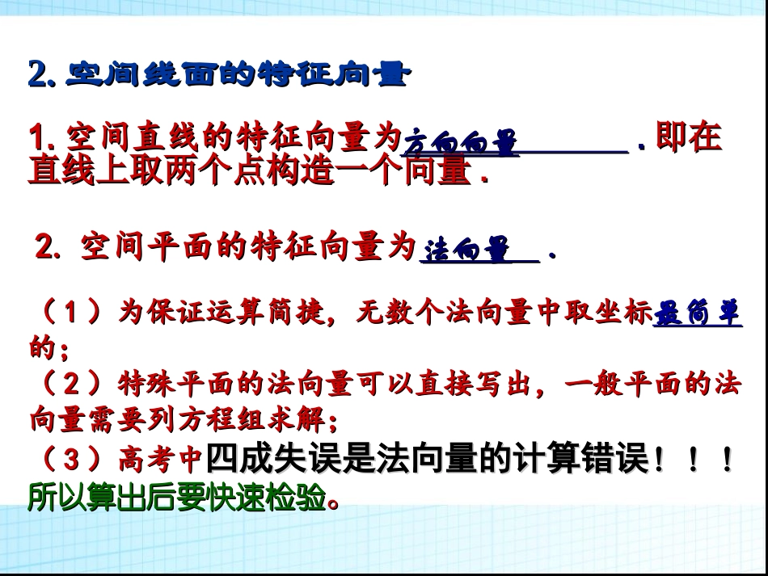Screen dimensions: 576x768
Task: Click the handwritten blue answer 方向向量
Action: pyautogui.click(x=460, y=144)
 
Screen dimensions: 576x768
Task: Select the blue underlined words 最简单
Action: pyautogui.click(x=696, y=313)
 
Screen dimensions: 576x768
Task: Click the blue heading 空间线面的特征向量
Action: pyautogui.click(x=234, y=74)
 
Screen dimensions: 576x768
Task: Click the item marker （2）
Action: pyautogui.click(x=70, y=384)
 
